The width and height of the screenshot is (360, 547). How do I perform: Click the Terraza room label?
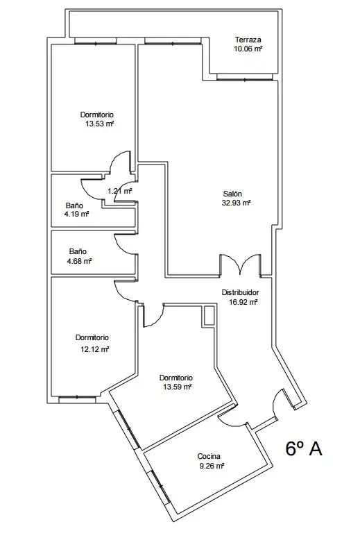click(248, 40)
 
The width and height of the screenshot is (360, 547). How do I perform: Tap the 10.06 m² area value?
click(248, 49)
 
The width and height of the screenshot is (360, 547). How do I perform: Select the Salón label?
click(232, 194)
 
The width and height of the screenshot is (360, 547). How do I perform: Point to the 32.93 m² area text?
click(237, 203)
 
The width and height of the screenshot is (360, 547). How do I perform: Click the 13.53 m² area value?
click(100, 124)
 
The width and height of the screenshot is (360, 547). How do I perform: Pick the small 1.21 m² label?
click(119, 191)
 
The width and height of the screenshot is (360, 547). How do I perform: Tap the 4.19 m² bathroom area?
click(76, 214)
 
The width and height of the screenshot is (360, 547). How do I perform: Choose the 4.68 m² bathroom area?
click(79, 261)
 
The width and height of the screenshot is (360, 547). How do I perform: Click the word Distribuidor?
click(241, 292)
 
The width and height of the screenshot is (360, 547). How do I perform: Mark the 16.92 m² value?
click(243, 302)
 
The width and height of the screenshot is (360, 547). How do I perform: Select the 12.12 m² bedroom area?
click(95, 349)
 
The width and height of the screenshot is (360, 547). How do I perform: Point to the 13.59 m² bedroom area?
click(178, 387)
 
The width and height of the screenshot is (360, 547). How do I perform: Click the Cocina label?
click(209, 456)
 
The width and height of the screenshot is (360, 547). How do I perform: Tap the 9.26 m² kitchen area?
click(212, 466)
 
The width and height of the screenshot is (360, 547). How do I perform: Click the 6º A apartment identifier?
click(304, 448)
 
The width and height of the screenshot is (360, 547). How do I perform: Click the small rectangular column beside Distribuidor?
click(209, 315)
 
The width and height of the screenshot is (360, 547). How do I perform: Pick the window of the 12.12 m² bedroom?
click(78, 397)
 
